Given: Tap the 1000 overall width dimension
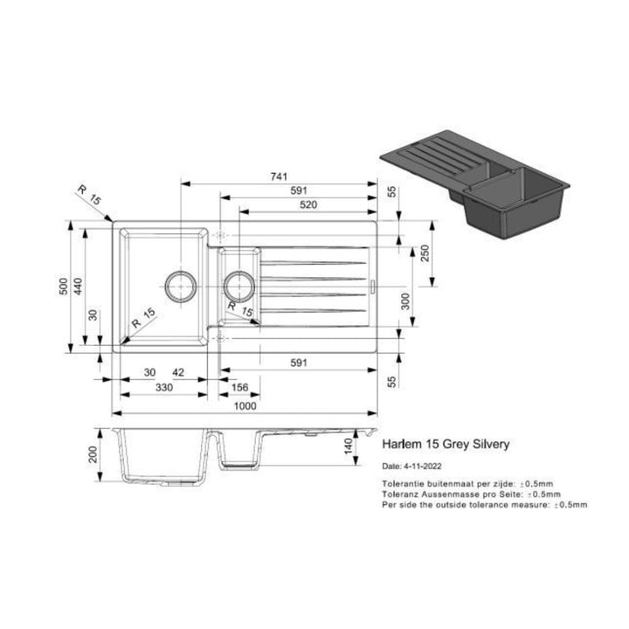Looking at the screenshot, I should tap(245, 405).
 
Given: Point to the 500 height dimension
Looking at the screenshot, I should tap(62, 287).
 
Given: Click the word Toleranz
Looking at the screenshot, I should tap(399, 494).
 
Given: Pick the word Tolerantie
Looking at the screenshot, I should tap(402, 483).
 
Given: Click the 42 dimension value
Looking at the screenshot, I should tap(178, 372).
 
